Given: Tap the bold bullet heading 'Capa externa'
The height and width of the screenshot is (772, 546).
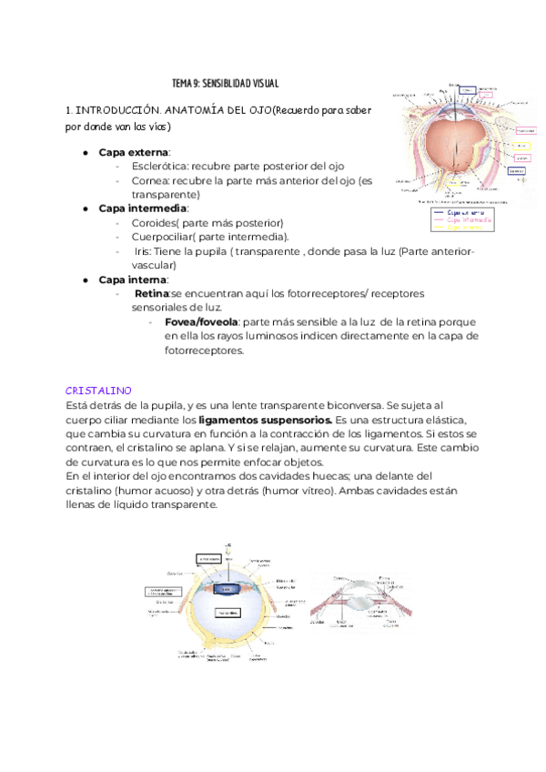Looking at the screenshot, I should [134, 152].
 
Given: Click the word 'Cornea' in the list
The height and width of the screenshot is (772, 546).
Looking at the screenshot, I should [150, 180].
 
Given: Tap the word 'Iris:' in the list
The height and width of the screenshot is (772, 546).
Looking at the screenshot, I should [147, 251].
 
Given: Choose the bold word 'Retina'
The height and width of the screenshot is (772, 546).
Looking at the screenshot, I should [152, 293].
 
